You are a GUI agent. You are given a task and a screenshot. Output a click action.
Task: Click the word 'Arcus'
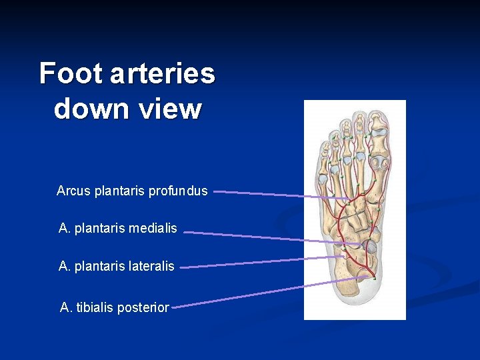pyautogui.click(x=73, y=191)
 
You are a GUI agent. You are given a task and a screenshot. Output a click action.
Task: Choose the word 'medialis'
pyautogui.click(x=153, y=229)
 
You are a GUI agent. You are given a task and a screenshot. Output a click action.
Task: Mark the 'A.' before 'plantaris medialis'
pyautogui.click(x=65, y=229)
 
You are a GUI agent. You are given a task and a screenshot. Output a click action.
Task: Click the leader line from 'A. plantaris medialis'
pyautogui.click(x=267, y=237)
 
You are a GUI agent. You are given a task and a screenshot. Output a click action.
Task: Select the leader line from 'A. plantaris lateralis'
pyautogui.click(x=267, y=262)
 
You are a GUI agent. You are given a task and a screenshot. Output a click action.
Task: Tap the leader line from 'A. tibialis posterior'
pyautogui.click(x=267, y=293)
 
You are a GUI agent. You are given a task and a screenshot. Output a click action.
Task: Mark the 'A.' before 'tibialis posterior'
pyautogui.click(x=65, y=307)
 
